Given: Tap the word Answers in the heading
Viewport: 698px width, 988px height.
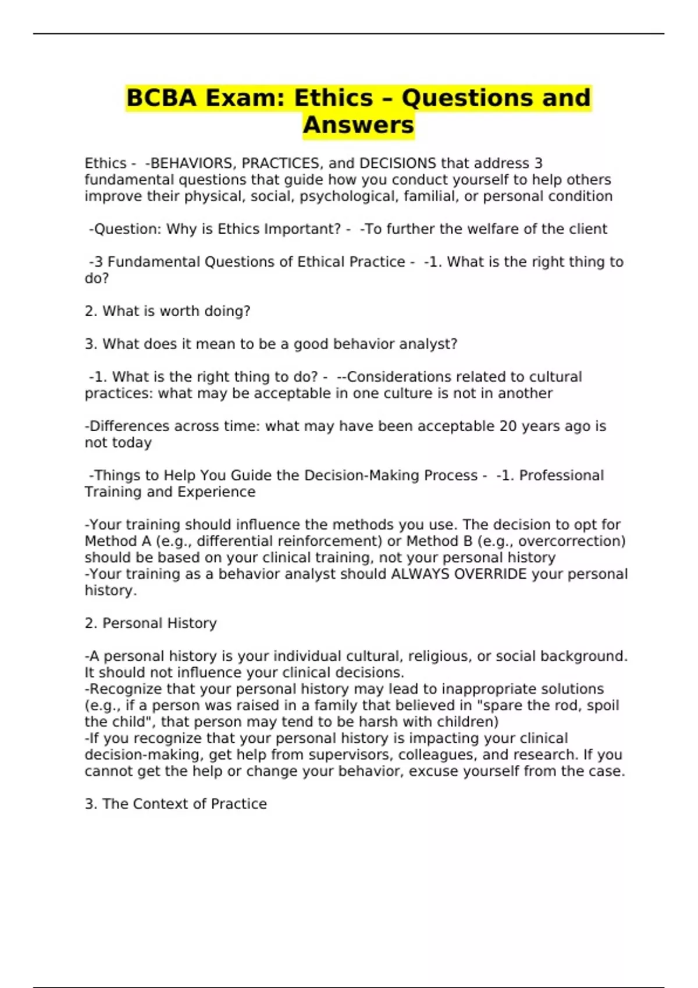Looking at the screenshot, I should click(x=358, y=125).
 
